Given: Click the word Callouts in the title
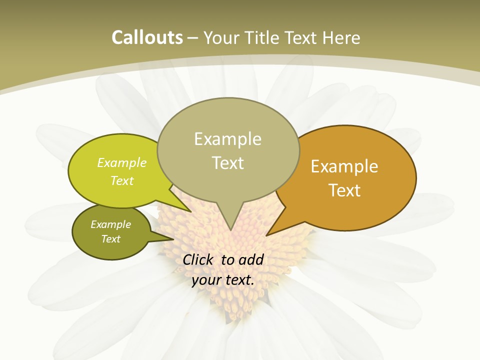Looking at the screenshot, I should point(147,37).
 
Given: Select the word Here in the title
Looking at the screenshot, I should point(342,38).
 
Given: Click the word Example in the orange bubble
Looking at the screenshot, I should point(344,166).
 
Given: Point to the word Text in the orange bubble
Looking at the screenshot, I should point(344,190).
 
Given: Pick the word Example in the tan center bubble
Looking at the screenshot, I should point(227,139).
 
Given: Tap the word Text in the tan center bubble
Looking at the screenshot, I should point(227,163).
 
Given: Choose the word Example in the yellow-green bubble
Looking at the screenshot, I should point(122,162).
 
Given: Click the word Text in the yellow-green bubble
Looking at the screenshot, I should point(122,180).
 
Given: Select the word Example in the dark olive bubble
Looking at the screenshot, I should point(110,224).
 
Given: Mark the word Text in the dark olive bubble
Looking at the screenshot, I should point(110,239).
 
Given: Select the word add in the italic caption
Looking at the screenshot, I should point(251,259).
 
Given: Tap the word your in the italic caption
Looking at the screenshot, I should point(205,280).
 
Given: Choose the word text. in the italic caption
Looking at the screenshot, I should point(239,280).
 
